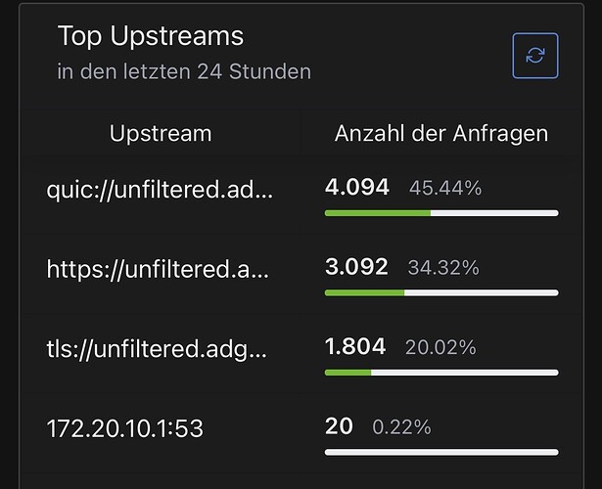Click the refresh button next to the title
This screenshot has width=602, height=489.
pyautogui.click(x=535, y=55)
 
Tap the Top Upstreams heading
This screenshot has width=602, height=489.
pyautogui.click(x=151, y=37)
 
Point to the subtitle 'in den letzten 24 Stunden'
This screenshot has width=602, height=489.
pyautogui.click(x=184, y=71)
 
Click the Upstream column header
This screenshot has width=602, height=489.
pyautogui.click(x=161, y=133)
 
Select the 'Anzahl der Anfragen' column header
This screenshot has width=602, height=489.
pyautogui.click(x=441, y=133)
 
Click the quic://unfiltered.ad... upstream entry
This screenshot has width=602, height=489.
pyautogui.click(x=160, y=189)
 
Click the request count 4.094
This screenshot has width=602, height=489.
pyautogui.click(x=357, y=187)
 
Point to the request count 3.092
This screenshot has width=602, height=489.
pyautogui.click(x=356, y=266)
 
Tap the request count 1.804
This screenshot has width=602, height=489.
pyautogui.click(x=355, y=346)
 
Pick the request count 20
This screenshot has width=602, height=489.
pyautogui.click(x=339, y=426)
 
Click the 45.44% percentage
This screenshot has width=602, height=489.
pyautogui.click(x=445, y=188)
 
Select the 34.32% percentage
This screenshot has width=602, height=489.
pyautogui.click(x=443, y=267)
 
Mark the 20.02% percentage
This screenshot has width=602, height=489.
pyautogui.click(x=440, y=347)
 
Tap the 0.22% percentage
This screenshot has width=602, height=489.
pyautogui.click(x=401, y=427)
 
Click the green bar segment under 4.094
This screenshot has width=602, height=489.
pyautogui.click(x=378, y=212)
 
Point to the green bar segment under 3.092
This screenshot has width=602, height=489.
pyautogui.click(x=365, y=292)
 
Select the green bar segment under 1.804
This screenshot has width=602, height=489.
pyautogui.click(x=348, y=373)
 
